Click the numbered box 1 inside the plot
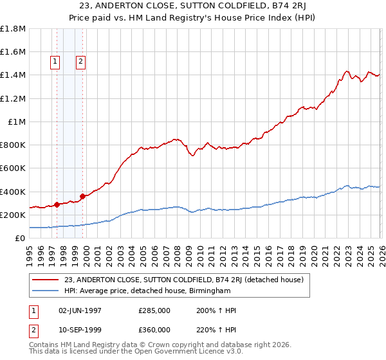[x=55, y=62]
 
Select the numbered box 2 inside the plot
[x=80, y=62]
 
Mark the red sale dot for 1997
[x=57, y=204]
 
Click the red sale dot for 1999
[x=82, y=196]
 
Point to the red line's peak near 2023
[x=347, y=71]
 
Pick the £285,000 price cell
[x=154, y=310]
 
